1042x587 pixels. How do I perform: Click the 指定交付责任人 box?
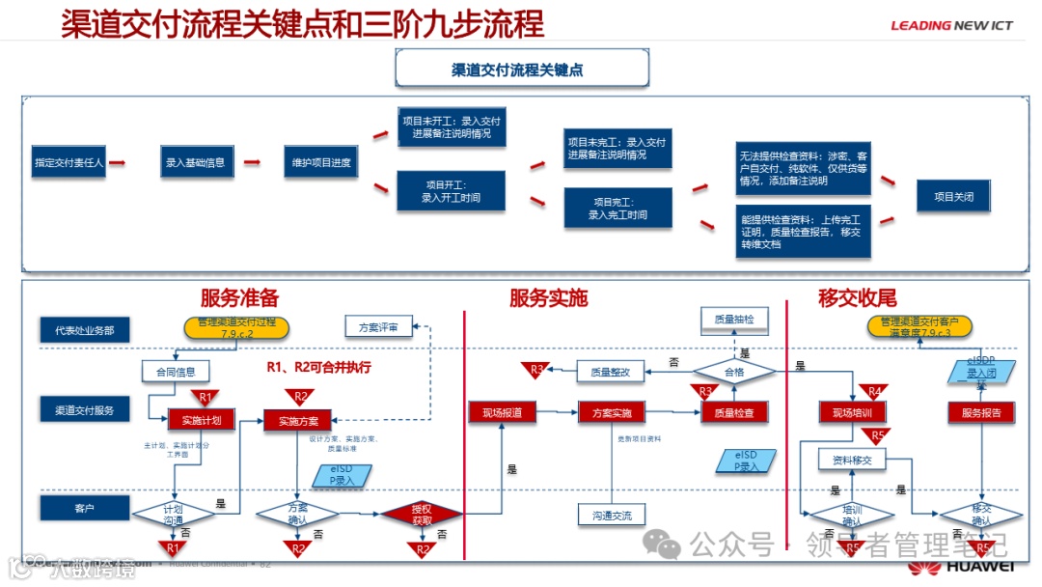pyautogui.click(x=69, y=163)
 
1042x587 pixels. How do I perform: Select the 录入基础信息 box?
pyautogui.click(x=195, y=163)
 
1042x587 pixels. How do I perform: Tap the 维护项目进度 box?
pyautogui.click(x=321, y=163)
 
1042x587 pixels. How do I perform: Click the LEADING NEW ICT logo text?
pyautogui.click(x=951, y=25)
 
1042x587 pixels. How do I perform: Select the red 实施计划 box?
pyautogui.click(x=201, y=420)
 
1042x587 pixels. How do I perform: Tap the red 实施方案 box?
pyautogui.click(x=298, y=420)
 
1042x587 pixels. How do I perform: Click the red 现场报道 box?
pyautogui.click(x=502, y=413)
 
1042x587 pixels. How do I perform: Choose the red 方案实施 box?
pyautogui.click(x=612, y=413)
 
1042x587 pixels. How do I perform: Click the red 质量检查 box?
pyautogui.click(x=734, y=413)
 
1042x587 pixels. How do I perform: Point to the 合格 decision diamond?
pyautogui.click(x=734, y=370)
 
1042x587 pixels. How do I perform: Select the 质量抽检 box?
pyautogui.click(x=734, y=318)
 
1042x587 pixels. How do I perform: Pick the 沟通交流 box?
pyautogui.click(x=612, y=516)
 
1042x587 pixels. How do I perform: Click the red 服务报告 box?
pyautogui.click(x=981, y=413)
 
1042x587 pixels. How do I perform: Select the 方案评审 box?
pyautogui.click(x=378, y=326)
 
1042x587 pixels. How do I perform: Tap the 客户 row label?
pyautogui.click(x=84, y=506)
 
